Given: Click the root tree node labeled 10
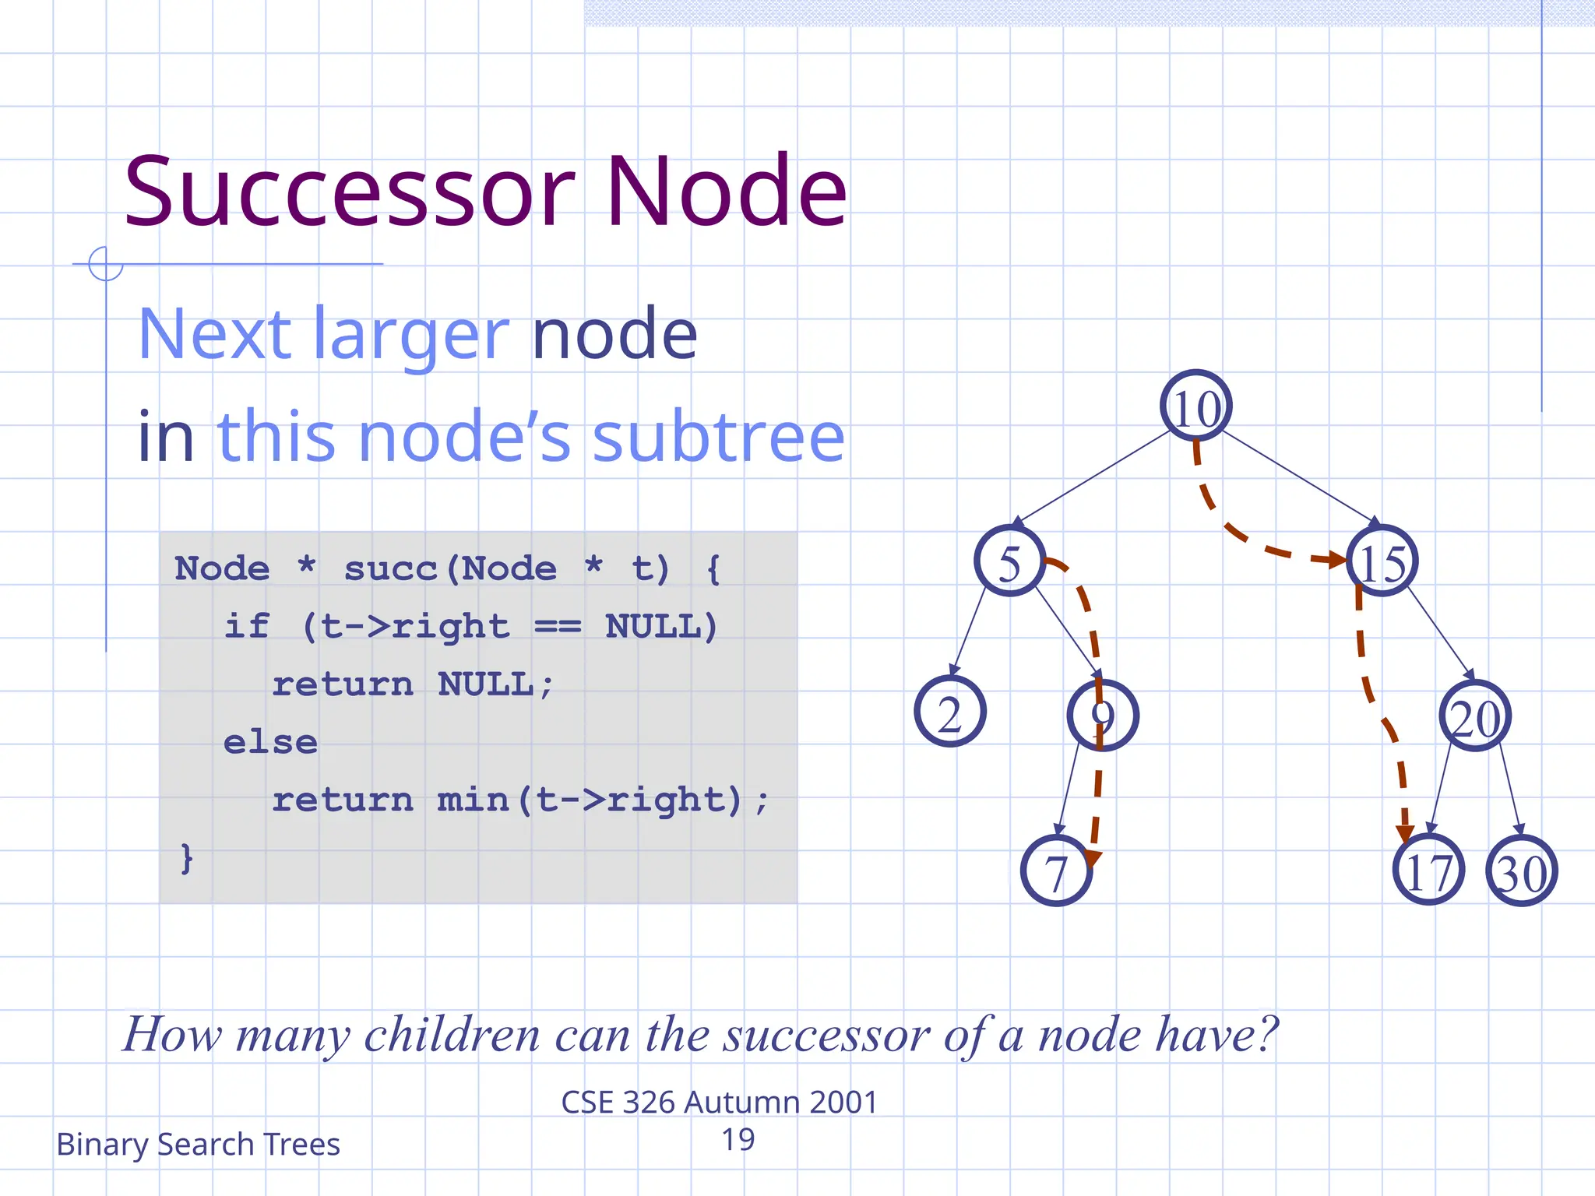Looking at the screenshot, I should [x=1195, y=406].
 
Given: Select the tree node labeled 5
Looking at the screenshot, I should [x=1009, y=561].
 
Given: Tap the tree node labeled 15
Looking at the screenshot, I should [x=1382, y=561].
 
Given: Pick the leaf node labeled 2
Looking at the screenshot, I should [x=949, y=712].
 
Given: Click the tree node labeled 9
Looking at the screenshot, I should [x=1102, y=715].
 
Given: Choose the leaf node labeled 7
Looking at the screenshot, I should [x=1055, y=871].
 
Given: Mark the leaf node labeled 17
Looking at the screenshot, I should [x=1428, y=870].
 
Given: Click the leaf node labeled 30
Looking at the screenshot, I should [x=1521, y=871].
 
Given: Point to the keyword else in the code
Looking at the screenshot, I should [x=270, y=742].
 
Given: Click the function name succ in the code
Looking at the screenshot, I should [x=390, y=568].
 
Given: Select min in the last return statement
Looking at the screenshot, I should [x=473, y=800].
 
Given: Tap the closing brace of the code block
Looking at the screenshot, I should [x=186, y=858].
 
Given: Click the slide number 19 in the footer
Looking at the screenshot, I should [x=738, y=1140].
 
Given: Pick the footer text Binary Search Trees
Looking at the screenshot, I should [x=198, y=1145].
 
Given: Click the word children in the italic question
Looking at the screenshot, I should [x=452, y=1035].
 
